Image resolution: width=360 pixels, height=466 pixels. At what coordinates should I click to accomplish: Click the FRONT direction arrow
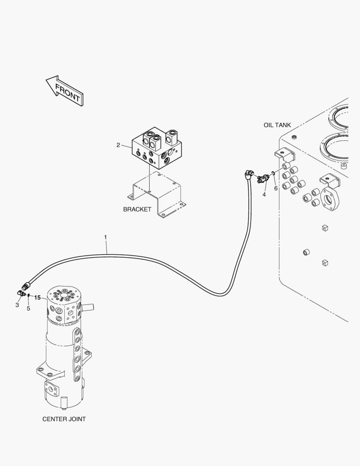click(65, 91)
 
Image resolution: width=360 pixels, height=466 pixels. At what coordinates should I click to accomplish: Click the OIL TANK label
click(277, 125)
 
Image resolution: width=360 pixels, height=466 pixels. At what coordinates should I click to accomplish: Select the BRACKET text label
click(137, 209)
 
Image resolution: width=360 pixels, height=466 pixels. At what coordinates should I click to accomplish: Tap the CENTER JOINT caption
click(64, 419)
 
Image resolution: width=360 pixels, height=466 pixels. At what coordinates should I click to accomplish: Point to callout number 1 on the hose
click(105, 237)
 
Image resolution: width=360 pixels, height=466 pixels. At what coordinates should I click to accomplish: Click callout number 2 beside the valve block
click(118, 145)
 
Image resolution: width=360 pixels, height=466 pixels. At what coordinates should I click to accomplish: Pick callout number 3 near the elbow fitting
click(17, 305)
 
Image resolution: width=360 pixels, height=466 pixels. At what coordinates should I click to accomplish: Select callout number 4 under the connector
click(264, 195)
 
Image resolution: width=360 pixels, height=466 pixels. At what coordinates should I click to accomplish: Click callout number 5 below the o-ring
click(28, 308)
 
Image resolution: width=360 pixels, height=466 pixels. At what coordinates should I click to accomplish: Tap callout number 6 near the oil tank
click(275, 188)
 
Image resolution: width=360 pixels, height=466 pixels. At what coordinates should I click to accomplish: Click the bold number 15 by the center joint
click(38, 298)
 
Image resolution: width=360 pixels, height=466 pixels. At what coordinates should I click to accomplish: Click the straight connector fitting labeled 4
click(262, 179)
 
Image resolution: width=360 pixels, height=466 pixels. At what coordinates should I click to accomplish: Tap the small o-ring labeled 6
click(272, 174)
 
